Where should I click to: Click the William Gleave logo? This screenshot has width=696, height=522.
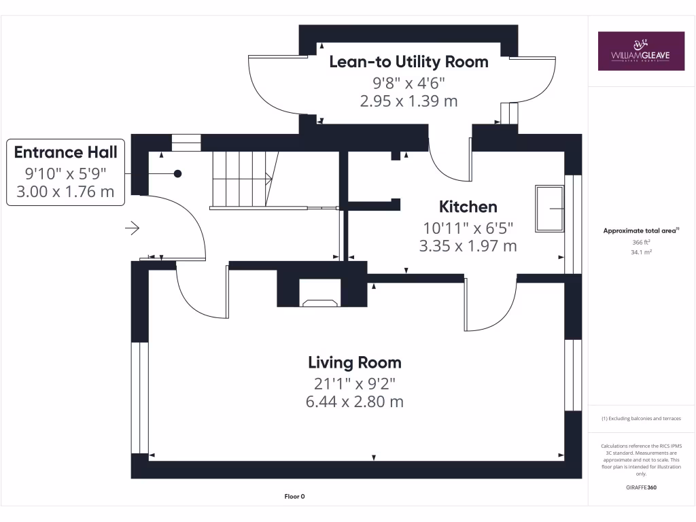pos(641,51)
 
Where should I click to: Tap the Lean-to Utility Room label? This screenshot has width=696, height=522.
pos(408,62)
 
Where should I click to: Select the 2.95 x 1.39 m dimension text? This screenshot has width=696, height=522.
pos(408,101)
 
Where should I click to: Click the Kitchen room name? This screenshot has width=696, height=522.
pos(468,207)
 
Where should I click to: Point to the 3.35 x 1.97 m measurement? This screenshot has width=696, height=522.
pos(468,245)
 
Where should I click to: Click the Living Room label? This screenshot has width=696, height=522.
pos(355,362)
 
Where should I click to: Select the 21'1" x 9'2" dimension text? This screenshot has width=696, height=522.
pos(355,383)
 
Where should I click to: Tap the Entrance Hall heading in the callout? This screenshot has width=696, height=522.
pos(65,152)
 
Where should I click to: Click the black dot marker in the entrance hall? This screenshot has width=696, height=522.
pos(177,173)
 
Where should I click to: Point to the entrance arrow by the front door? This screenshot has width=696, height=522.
pos(132,228)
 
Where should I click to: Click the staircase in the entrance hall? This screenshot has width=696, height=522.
pos(241,179)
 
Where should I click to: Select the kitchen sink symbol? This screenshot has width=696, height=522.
pos(549,208)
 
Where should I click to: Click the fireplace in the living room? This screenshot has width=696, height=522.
pos(319,302)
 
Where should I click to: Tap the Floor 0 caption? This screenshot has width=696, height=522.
pos(294,497)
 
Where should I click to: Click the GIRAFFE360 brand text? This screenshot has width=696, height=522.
pos(641,487)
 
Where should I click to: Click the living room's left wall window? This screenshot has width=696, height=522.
pos(139,397)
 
